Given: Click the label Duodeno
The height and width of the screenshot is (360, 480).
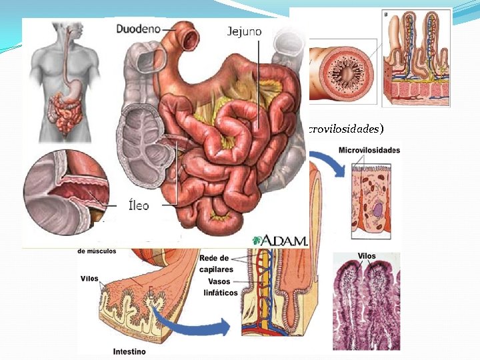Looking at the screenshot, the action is [139, 29].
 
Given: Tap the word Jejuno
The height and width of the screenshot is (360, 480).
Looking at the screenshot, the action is [244, 31].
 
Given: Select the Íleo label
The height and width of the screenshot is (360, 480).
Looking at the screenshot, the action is [138, 205].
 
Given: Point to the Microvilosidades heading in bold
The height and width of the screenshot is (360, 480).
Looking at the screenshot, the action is [369, 151].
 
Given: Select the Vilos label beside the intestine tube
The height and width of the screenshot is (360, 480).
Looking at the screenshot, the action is [89, 279].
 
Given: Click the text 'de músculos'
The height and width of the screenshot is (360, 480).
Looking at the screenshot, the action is [97, 251].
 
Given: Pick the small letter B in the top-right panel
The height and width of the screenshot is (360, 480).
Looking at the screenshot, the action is [387, 14].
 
